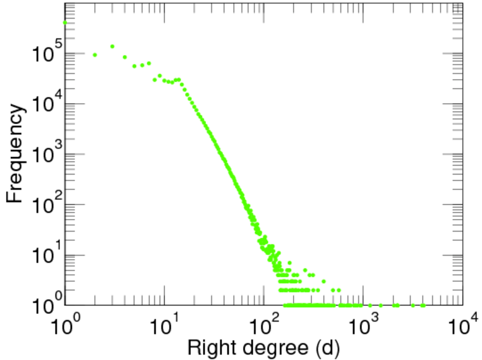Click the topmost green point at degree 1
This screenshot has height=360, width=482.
tap(65, 23)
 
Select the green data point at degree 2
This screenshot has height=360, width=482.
tap(95, 55)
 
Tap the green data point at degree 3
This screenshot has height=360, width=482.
tap(112, 46)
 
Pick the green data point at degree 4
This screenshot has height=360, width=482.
tap(125, 58)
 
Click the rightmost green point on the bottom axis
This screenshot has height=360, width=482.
tap(423, 305)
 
